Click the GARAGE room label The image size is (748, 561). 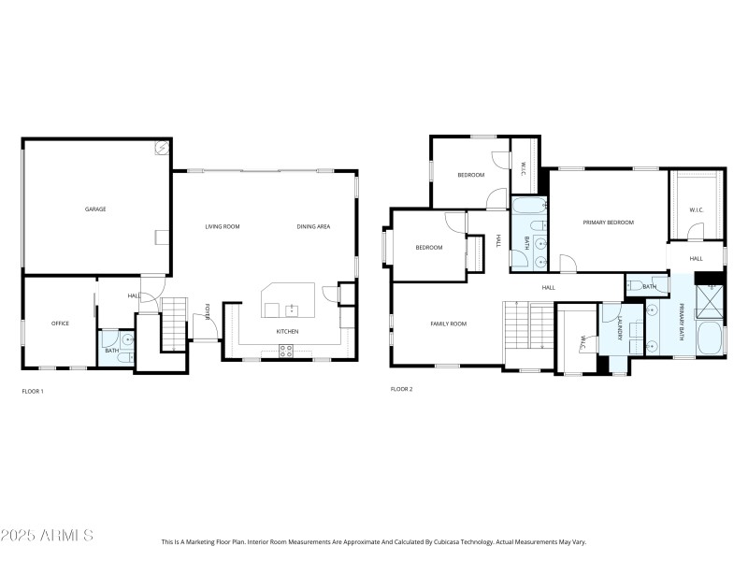coord(95,209)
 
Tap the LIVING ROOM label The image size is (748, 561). coord(223,226)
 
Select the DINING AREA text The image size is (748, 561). coord(313,226)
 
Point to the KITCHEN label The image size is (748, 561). coord(287,332)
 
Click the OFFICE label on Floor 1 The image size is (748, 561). coord(60,324)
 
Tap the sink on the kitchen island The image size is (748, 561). coord(291,308)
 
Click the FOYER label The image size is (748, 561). coord(208,311)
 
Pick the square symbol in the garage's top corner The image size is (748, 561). coord(160,148)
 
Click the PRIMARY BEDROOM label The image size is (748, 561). coord(608,223)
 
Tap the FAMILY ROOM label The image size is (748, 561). coord(448,324)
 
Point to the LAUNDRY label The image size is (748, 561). coord(619,327)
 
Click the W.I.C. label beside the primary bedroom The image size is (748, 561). coord(696,209)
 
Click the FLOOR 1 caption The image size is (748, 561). coord(33,391)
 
